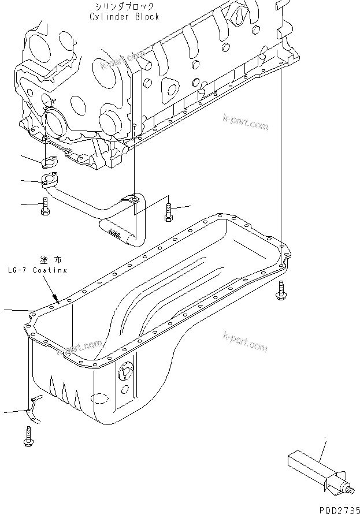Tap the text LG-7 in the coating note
18,270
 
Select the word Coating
50,270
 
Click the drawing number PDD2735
336,507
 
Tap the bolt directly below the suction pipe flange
46,206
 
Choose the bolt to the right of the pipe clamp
168,211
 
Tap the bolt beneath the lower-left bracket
28,437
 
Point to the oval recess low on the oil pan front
101,399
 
